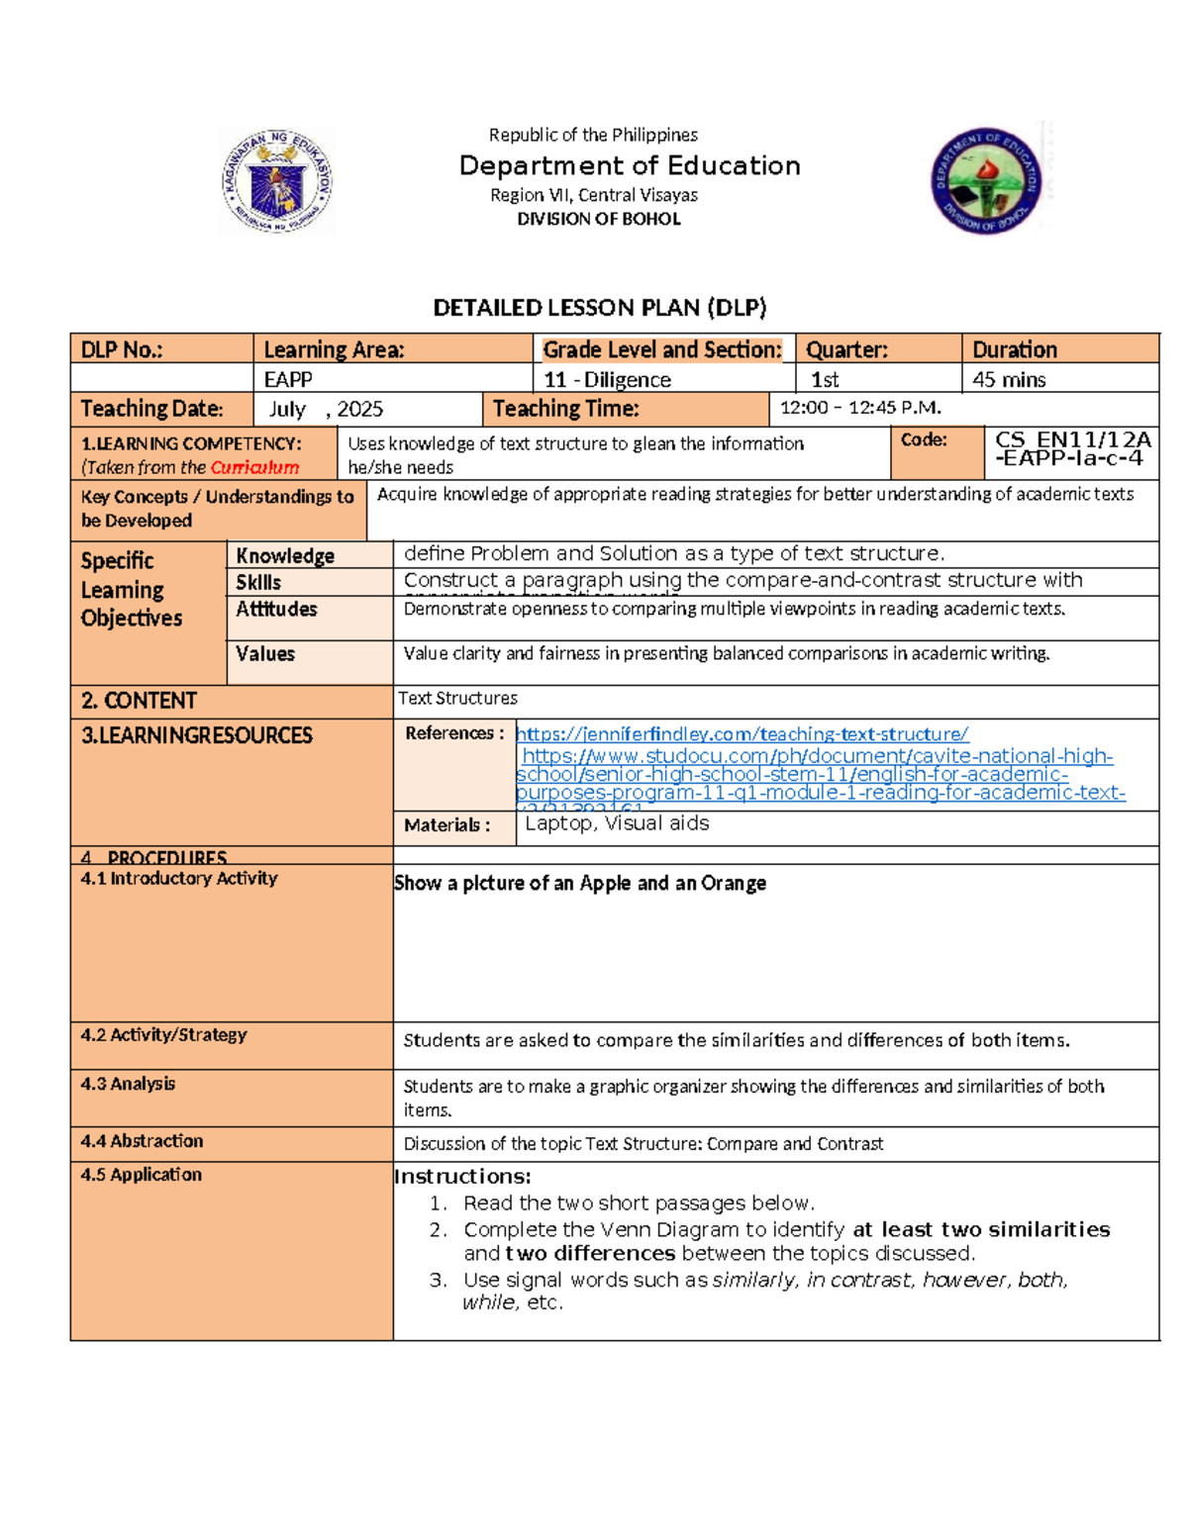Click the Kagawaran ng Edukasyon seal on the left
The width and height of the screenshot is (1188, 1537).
tap(277, 181)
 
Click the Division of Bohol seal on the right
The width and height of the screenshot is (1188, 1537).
tap(986, 181)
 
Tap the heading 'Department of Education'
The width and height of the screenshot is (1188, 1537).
tap(630, 165)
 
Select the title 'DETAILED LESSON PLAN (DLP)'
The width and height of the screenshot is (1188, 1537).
tap(600, 308)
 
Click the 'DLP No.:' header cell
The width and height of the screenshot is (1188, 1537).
tap(122, 349)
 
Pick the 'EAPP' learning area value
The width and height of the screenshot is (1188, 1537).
tap(288, 379)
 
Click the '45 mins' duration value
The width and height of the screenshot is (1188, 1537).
tap(1009, 379)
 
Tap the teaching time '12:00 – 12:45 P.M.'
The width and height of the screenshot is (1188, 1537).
tap(860, 408)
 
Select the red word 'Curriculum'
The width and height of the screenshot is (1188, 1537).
tap(254, 467)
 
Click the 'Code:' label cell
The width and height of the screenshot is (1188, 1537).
tap(924, 439)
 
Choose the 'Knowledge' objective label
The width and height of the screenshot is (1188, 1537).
tap(285, 556)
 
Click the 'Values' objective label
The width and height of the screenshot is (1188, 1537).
tap(265, 653)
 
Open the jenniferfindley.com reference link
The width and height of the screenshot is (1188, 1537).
tap(742, 734)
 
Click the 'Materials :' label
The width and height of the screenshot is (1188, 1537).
tap(446, 825)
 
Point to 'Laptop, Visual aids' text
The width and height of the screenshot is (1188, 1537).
tap(617, 823)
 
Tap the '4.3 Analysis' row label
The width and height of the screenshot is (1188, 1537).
tap(128, 1084)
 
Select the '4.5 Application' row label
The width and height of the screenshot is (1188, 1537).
tap(142, 1175)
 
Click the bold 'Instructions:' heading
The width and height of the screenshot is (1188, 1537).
tap(462, 1177)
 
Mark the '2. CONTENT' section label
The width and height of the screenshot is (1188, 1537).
tap(139, 701)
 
